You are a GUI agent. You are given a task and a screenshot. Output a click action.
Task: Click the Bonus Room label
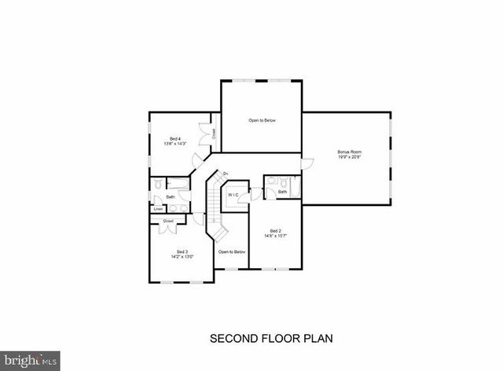pyautogui.click(x=349, y=151)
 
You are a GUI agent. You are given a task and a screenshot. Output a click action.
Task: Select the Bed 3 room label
pyautogui.click(x=182, y=252)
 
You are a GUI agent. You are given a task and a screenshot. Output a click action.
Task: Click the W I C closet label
pyautogui.click(x=233, y=194)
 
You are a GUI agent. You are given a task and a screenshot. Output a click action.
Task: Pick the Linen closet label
pyautogui.click(x=158, y=208)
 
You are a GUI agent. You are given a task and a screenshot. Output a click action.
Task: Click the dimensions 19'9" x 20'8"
pyautogui.click(x=349, y=157)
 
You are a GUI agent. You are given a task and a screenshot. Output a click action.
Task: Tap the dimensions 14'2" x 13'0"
pyautogui.click(x=182, y=257)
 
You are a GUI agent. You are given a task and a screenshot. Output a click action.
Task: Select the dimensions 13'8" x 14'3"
pyautogui.click(x=174, y=144)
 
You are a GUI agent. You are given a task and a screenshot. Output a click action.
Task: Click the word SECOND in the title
pyautogui.click(x=233, y=340)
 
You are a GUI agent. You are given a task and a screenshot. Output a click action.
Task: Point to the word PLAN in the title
pyautogui.click(x=318, y=340)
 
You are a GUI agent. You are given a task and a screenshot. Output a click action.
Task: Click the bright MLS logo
pyautogui.click(x=29, y=361)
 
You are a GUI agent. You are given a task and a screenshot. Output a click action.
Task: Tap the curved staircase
pyautogui.click(x=215, y=206)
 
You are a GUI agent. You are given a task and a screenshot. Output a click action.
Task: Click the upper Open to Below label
pyautogui.click(x=262, y=120)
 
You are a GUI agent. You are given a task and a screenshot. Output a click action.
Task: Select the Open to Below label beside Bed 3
pyautogui.click(x=232, y=252)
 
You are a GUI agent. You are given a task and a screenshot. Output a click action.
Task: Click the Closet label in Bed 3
pyautogui.click(x=168, y=222)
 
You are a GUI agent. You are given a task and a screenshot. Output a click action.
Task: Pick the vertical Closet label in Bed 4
pyautogui.click(x=214, y=134)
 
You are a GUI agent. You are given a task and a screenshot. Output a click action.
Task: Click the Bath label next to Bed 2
pyautogui.click(x=283, y=192)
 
